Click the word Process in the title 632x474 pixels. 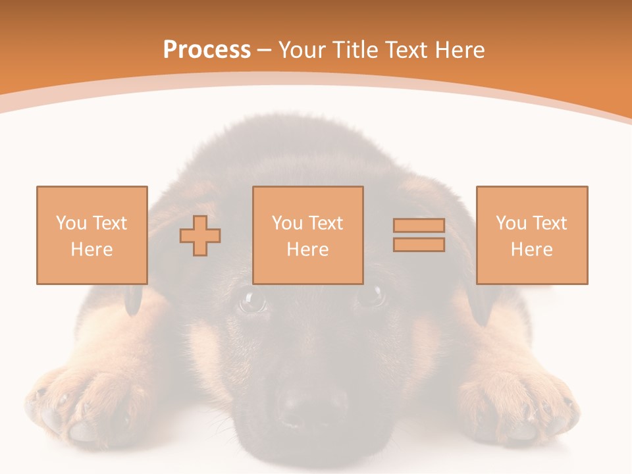207,50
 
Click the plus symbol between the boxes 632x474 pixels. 200,235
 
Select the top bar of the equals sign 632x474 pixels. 419,226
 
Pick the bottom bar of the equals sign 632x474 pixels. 419,245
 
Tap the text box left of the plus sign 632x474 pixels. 92,235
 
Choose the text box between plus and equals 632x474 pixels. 307,235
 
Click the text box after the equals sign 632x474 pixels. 531,235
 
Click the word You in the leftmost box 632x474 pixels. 70,223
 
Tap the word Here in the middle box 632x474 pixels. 307,250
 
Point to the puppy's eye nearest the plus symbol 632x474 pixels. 251,301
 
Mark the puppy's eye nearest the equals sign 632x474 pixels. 371,296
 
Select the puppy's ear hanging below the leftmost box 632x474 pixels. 134,300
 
